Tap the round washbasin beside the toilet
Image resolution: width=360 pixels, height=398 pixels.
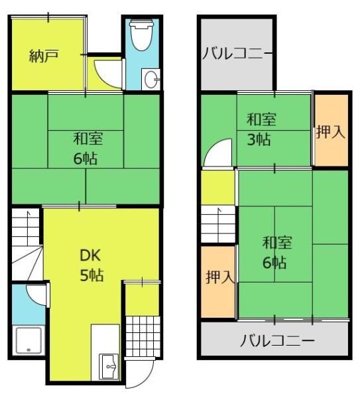(150, 79)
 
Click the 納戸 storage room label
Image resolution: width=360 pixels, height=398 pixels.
(44, 56)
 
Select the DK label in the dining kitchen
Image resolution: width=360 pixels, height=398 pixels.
(90, 255)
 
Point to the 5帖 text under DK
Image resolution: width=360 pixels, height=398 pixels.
(91, 275)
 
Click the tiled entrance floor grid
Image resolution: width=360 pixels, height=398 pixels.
(143, 336)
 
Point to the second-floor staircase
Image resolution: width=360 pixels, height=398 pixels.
(218, 224)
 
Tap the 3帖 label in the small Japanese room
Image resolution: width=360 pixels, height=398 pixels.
(259, 139)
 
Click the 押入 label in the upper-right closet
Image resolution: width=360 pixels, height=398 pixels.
(331, 132)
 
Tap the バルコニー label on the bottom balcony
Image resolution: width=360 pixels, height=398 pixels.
(277, 340)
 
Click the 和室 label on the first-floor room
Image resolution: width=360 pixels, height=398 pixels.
(88, 139)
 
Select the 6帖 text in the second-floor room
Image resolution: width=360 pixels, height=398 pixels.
(274, 263)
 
